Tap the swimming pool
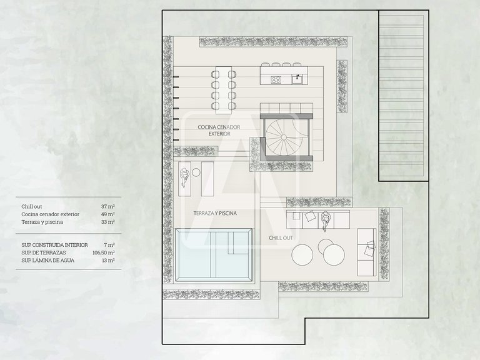pyautogui.click(x=214, y=256)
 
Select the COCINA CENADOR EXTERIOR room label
pyautogui.click(x=219, y=130)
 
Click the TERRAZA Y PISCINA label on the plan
pyautogui.click(x=215, y=213)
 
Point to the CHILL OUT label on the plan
pyautogui.click(x=281, y=238)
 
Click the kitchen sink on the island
pyautogui.click(x=297, y=79)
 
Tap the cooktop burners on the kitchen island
pyautogui.click(x=276, y=80)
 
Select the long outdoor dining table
pyautogui.click(x=224, y=90)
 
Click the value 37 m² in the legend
pyautogui.click(x=108, y=207)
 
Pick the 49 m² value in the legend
pyautogui.click(x=108, y=214)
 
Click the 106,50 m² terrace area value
pyautogui.click(x=104, y=253)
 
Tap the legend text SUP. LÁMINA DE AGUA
pyautogui.click(x=47, y=261)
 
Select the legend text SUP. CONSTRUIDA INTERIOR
pyautogui.click(x=54, y=245)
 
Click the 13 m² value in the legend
pyautogui.click(x=109, y=261)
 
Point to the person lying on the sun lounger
pyautogui.click(x=184, y=177)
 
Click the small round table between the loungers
pyautogui.click(x=196, y=172)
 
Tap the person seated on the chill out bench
pyautogui.click(x=325, y=219)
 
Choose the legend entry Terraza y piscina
pyautogui.click(x=42, y=222)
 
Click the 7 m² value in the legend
pyautogui.click(x=109, y=245)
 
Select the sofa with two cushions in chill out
pyautogui.click(x=367, y=252)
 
